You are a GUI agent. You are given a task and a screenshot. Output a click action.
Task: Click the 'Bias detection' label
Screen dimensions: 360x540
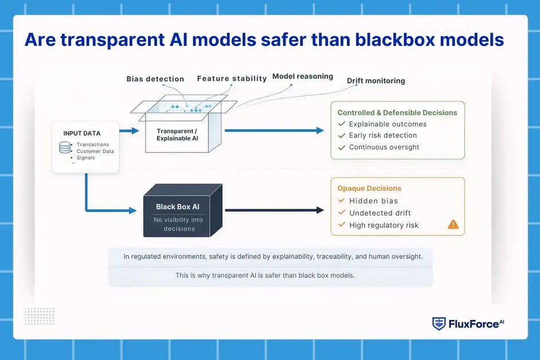point(155,79)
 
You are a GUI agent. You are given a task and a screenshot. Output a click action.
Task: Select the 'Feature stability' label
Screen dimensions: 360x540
point(232,79)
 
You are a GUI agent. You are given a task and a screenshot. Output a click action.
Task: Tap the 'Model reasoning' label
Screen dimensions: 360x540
point(303,76)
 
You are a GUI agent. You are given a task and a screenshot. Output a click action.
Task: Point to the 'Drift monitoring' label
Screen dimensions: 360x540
point(376,81)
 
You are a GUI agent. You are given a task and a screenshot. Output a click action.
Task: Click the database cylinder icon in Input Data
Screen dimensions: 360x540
point(65,148)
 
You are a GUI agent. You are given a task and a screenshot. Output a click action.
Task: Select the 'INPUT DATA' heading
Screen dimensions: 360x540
point(81,134)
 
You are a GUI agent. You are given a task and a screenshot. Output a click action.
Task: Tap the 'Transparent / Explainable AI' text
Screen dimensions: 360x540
point(178,135)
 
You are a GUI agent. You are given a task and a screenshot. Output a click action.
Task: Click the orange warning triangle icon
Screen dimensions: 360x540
point(453,224)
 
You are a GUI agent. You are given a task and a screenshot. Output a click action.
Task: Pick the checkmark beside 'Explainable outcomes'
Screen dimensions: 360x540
point(342,124)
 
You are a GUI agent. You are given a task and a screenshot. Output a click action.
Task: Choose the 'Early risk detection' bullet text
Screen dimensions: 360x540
point(383,135)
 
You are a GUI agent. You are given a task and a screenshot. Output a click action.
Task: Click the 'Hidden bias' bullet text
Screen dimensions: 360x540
point(373,201)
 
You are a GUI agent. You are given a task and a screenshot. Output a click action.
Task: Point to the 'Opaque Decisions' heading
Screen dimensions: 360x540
point(369,188)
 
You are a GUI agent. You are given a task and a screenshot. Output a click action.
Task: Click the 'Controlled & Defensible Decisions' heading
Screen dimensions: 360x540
point(397,112)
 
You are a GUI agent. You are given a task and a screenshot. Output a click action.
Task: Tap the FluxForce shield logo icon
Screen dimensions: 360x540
point(439,323)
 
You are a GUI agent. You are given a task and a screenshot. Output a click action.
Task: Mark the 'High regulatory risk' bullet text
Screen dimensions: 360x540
point(384,225)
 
